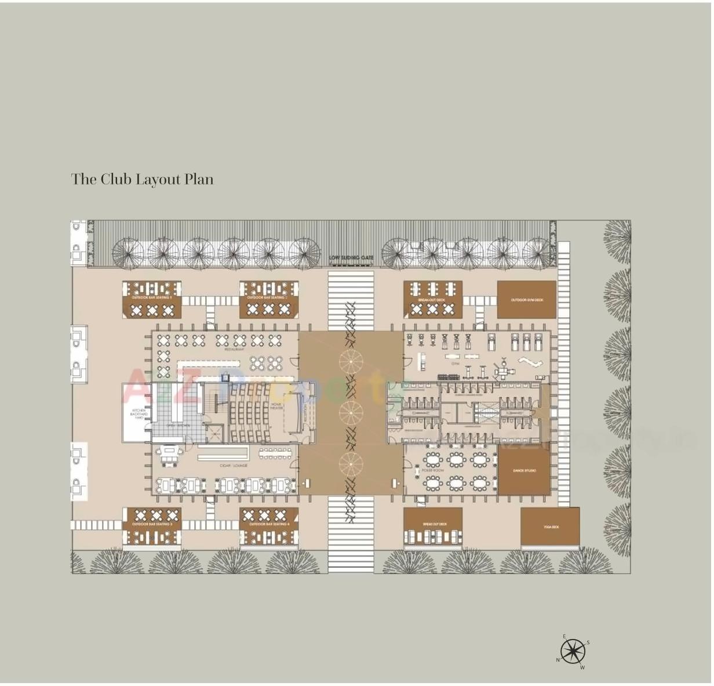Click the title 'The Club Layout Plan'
click(142, 179)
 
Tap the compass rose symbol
click(573, 652)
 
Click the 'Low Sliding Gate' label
click(351, 257)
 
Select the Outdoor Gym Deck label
click(527, 300)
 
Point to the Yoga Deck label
click(551, 527)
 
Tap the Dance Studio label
click(524, 471)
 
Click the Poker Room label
click(434, 470)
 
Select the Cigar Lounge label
click(234, 466)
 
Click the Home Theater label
click(276, 406)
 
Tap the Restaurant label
click(234, 349)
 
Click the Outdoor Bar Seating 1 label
click(152, 297)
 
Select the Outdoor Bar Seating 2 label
click(268, 297)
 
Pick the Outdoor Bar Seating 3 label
click(152, 524)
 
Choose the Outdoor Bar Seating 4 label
click(269, 524)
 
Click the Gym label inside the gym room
click(455, 348)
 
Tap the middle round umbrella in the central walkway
click(351, 412)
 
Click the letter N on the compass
click(558, 660)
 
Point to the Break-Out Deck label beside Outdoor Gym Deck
click(432, 300)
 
